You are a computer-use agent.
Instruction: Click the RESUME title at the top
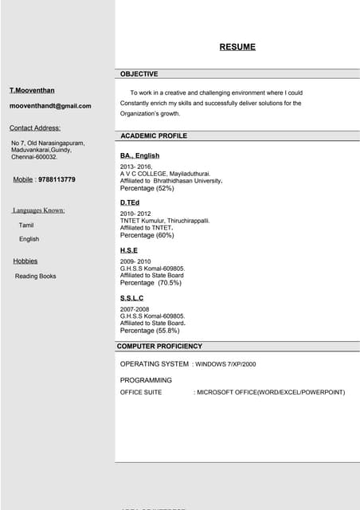[x=237, y=47]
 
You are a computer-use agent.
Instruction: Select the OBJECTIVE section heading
[x=139, y=74]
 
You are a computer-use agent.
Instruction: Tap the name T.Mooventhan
[x=32, y=90]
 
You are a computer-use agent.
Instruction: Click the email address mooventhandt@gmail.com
[x=50, y=106]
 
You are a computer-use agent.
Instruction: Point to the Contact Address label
[x=35, y=127]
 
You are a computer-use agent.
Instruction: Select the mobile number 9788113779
[x=57, y=180]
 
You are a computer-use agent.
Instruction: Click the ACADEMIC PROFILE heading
[x=154, y=136]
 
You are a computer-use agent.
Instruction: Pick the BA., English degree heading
[x=139, y=155]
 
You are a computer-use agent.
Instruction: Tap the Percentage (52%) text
[x=147, y=189]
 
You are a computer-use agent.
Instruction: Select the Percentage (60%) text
[x=147, y=236]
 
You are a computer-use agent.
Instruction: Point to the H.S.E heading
[x=129, y=250]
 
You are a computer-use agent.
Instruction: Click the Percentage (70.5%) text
[x=151, y=283]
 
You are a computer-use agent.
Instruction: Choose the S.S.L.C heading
[x=131, y=298]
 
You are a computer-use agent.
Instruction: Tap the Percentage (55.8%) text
[x=149, y=331]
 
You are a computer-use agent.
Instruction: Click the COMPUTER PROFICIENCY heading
[x=159, y=347]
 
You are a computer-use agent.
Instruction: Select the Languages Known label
[x=39, y=210]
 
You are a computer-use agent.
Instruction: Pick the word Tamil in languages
[x=26, y=226]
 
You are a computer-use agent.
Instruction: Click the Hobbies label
[x=25, y=261]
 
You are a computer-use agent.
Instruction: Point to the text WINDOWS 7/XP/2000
[x=227, y=364]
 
